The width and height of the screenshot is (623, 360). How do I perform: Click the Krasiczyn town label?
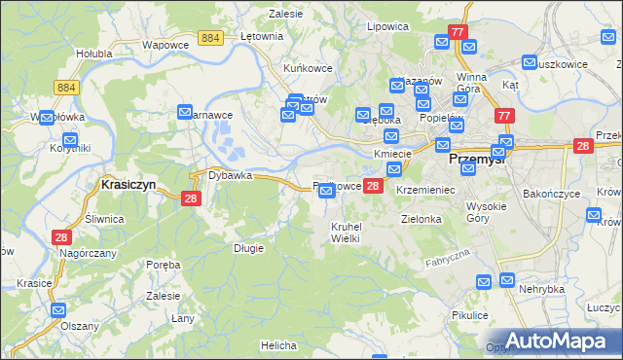click(x=128, y=183)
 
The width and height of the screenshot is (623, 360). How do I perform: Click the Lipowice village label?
click(x=385, y=27)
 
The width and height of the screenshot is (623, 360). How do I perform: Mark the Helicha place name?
click(x=277, y=345)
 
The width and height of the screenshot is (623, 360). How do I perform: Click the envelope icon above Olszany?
click(x=57, y=311)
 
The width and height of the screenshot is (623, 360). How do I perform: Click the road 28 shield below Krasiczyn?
click(x=191, y=198)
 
